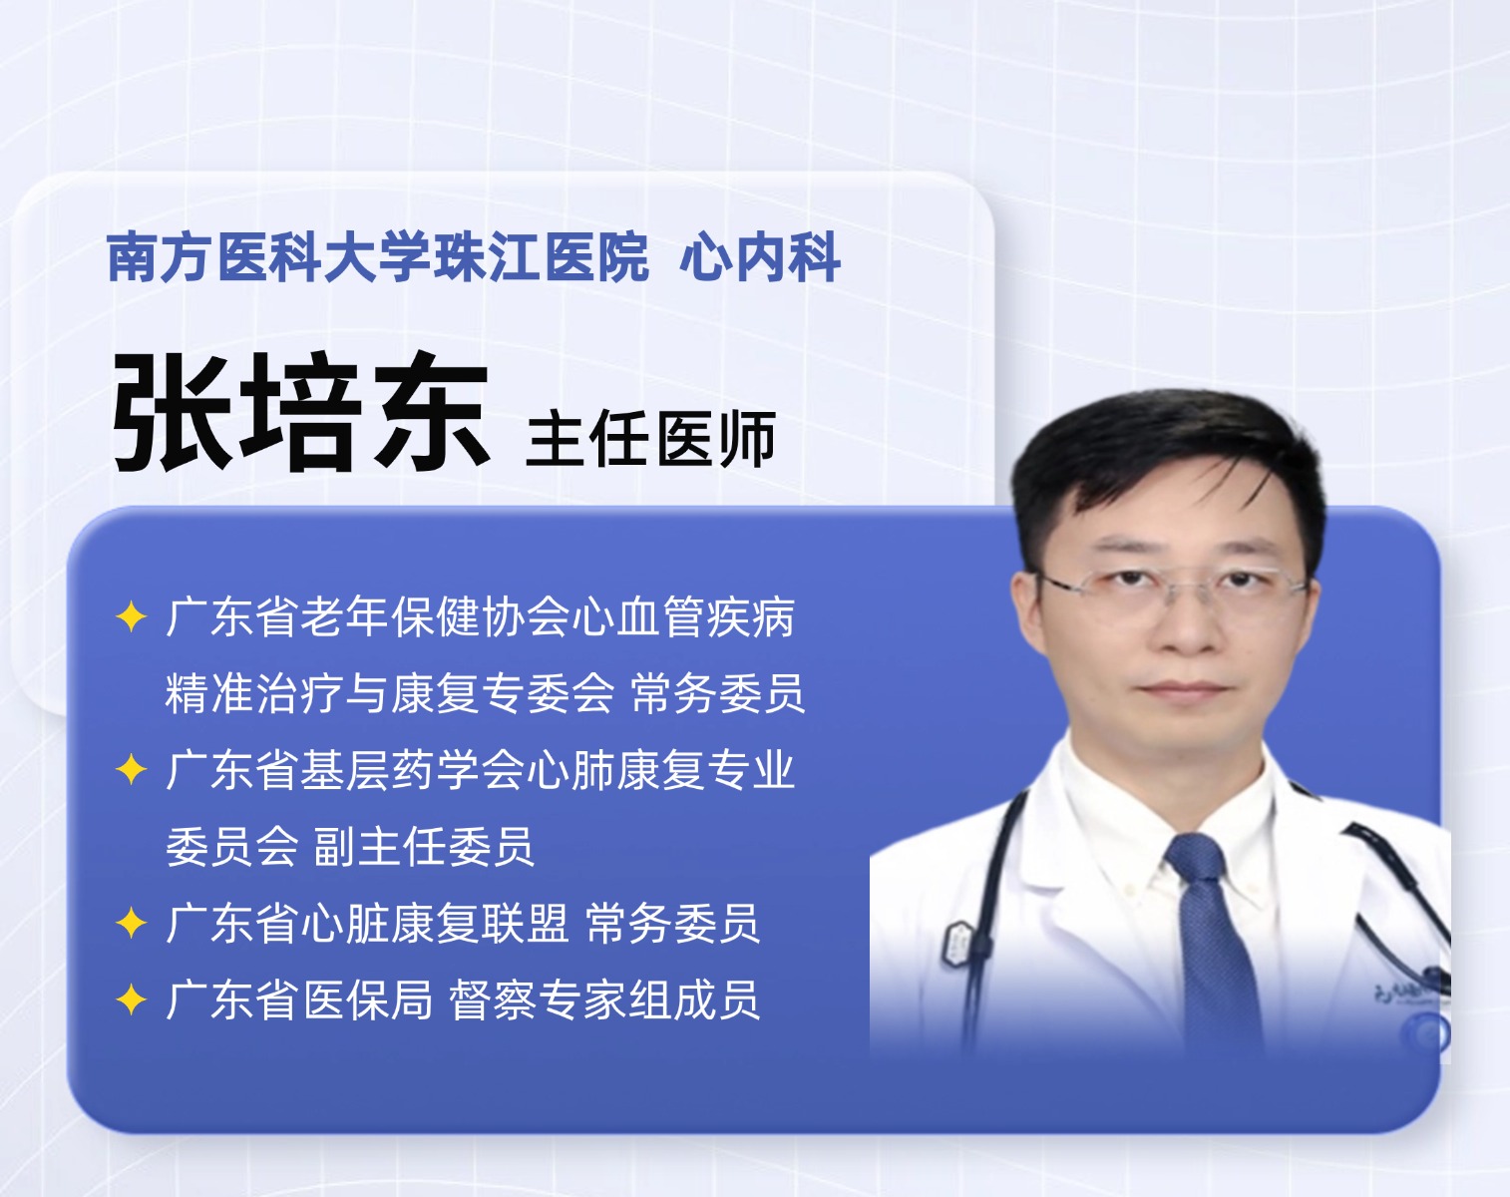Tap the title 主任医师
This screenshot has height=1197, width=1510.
point(651,439)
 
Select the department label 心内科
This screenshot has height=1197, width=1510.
point(760,257)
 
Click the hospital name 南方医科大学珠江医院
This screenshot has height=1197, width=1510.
point(378,257)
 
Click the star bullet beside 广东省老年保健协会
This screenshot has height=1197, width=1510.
point(132,617)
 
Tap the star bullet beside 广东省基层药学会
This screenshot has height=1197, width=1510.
point(132,769)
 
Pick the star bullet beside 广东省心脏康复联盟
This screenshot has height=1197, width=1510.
point(132,923)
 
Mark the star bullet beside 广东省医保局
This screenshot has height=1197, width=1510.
point(132,999)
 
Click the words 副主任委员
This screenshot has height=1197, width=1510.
point(424,847)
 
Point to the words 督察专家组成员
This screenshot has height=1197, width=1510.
point(604,999)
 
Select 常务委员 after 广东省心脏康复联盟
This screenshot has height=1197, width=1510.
point(672,924)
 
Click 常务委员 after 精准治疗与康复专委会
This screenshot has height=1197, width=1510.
point(718,693)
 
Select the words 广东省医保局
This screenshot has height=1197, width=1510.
point(299,999)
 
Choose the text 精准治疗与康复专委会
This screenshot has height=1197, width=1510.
point(389,693)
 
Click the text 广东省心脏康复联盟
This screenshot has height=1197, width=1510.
point(367,924)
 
